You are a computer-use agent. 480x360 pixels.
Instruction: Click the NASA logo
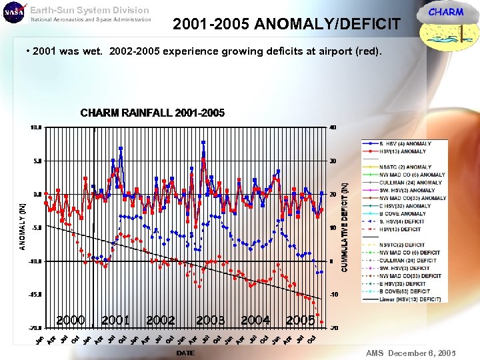point(13,13)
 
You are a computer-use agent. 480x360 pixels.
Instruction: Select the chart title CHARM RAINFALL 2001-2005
point(152,113)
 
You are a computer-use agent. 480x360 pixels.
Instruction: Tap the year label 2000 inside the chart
point(70,321)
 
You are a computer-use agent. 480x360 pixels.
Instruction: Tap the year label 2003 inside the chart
point(210,321)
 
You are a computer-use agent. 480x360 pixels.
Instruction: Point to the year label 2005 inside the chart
point(300,321)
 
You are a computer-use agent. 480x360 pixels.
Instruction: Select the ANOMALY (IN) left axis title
point(22,227)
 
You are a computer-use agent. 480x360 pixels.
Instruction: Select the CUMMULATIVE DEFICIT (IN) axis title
point(345,227)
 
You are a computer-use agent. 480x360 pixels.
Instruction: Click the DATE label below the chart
point(185,353)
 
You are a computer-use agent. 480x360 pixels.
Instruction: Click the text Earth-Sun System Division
point(89,10)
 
